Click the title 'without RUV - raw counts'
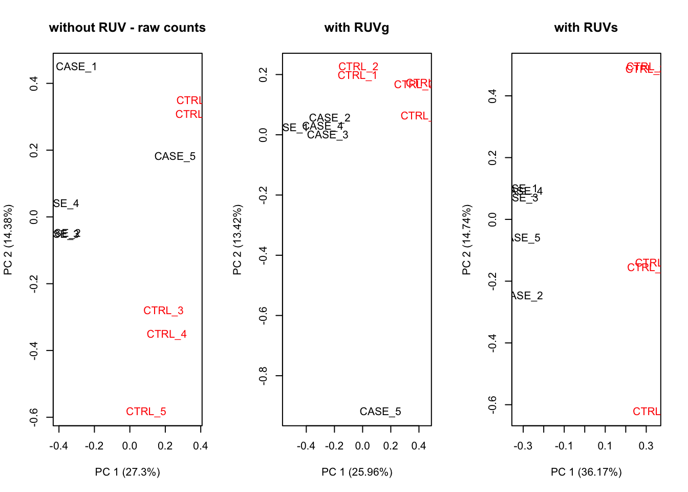coord(127,28)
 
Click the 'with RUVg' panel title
coord(357,28)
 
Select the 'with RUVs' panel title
coord(586,28)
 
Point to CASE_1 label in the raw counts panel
coord(76,67)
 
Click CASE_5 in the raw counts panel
coord(175,156)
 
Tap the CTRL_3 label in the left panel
coord(163,311)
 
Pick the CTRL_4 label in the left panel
coord(166,334)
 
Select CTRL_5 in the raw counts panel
coord(146,412)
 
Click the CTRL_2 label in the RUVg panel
coord(358,67)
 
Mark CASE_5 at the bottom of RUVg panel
coord(380,412)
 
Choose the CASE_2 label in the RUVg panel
coord(330,118)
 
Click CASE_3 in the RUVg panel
coord(328,135)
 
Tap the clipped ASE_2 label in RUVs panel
coord(527,296)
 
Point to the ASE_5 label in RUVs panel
coord(526,238)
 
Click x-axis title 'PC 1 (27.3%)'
coord(127,472)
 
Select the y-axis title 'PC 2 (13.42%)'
coord(237,240)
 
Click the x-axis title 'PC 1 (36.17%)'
coord(586,472)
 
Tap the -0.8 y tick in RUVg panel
coord(263,376)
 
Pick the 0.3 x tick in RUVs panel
coord(646,446)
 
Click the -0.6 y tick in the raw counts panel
coord(34,417)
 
